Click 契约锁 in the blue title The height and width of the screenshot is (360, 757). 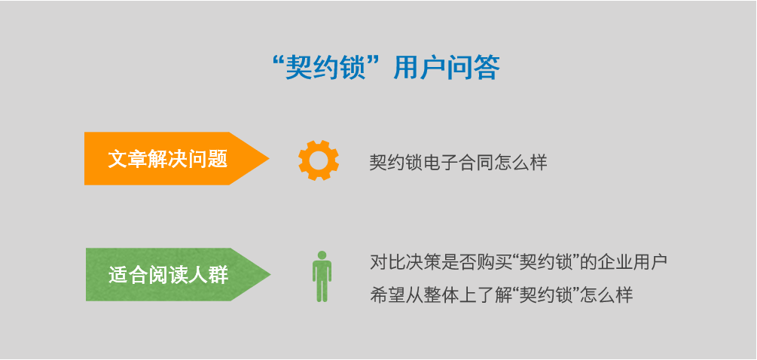pyautogui.click(x=323, y=68)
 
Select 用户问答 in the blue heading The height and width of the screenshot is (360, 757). pyautogui.click(x=447, y=68)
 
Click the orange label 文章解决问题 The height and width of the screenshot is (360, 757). pyautogui.click(x=167, y=159)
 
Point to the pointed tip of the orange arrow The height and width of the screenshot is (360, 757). pyautogui.click(x=269, y=158)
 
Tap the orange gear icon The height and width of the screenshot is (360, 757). pyautogui.click(x=318, y=160)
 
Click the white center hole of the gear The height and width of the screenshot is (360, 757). pyautogui.click(x=318, y=160)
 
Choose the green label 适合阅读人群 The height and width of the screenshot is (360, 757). pyautogui.click(x=168, y=275)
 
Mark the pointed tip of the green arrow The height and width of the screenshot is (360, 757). pyautogui.click(x=270, y=275)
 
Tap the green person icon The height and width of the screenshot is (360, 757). pyautogui.click(x=322, y=276)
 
